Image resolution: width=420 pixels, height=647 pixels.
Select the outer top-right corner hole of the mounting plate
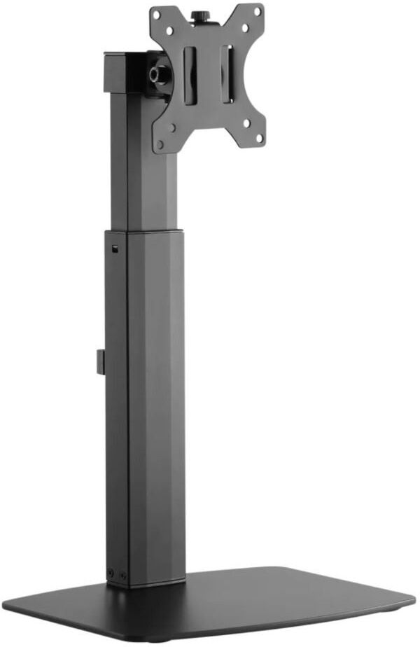(x=258, y=12)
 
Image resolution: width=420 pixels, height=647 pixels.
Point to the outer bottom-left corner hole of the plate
(x=161, y=144)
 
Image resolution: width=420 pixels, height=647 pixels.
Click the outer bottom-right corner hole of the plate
(x=259, y=138)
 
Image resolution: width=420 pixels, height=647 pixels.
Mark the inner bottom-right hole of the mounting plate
(x=246, y=123)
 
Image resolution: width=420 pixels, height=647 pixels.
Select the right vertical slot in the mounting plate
(x=227, y=74)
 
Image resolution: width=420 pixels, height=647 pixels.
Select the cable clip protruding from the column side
(x=100, y=362)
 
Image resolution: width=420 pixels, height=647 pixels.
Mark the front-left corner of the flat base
(x=8, y=604)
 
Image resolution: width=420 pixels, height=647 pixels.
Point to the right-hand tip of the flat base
(x=413, y=601)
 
